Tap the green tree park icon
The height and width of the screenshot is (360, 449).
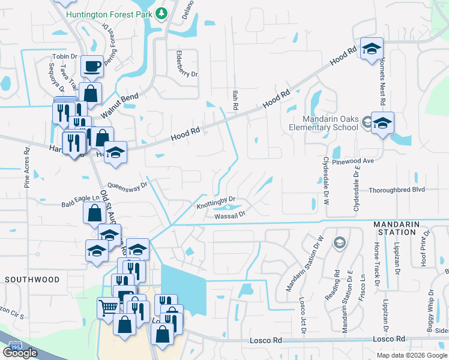tap(161, 13)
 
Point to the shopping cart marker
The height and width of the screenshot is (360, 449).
tap(108, 308)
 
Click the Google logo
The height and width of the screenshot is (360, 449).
tap(20, 353)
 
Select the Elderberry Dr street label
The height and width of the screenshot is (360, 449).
tap(186, 64)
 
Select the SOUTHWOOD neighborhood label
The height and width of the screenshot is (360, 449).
tap(32, 280)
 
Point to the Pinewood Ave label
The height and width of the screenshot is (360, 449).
tap(357, 161)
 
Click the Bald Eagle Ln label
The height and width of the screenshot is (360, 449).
tap(80, 203)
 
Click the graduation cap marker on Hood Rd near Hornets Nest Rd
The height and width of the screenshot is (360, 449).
tap(372, 49)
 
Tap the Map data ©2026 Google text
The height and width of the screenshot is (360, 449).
tap(412, 355)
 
